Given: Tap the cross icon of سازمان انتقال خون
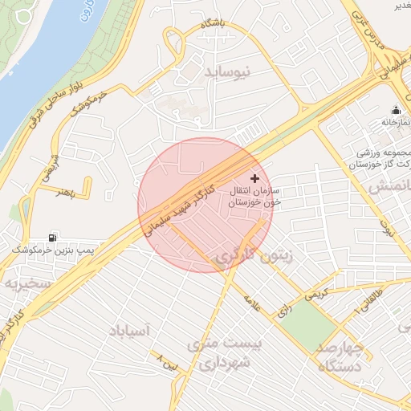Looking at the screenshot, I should (255, 178).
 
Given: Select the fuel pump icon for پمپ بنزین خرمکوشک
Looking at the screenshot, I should (53, 237).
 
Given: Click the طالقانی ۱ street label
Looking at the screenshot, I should (368, 303).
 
